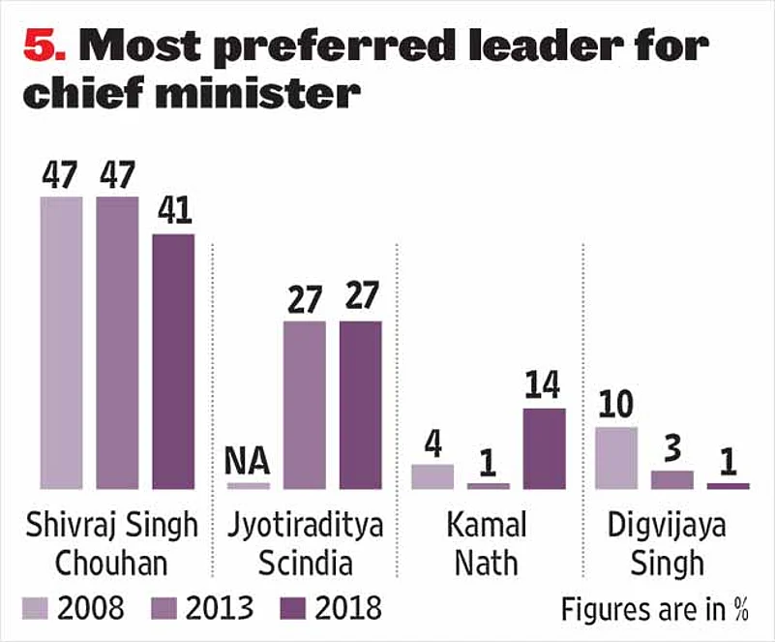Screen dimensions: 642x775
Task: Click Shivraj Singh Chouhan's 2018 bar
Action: click(173, 360)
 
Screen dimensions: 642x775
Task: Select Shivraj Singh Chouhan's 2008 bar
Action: click(61, 342)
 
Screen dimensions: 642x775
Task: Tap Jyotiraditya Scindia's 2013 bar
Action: click(304, 404)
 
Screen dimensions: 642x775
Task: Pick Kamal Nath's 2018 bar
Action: click(545, 448)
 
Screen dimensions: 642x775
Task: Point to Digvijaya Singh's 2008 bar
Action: click(616, 457)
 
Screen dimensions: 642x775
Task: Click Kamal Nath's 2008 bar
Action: click(432, 476)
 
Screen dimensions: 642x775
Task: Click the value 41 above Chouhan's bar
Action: click(173, 213)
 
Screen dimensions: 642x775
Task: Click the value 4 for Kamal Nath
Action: click(432, 444)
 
